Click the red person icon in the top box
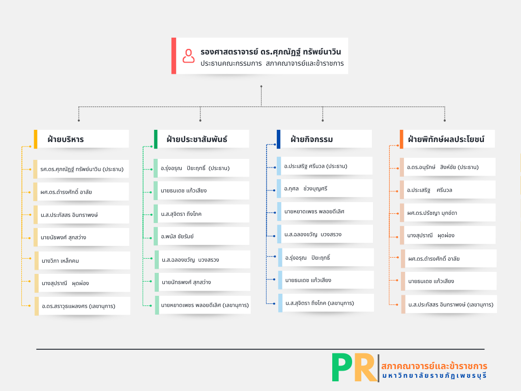pos(189,55)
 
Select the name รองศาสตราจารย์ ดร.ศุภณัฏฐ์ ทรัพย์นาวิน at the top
pos(271,51)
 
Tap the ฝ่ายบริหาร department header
pos(66,139)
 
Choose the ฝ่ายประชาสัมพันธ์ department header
pos(197,139)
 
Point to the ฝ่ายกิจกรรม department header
pos(312,139)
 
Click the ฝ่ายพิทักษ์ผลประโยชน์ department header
pos(446,139)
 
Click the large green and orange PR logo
pos(354,368)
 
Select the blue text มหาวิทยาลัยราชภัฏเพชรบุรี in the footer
pos(434,376)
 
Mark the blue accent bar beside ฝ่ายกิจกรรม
pos(278,139)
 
